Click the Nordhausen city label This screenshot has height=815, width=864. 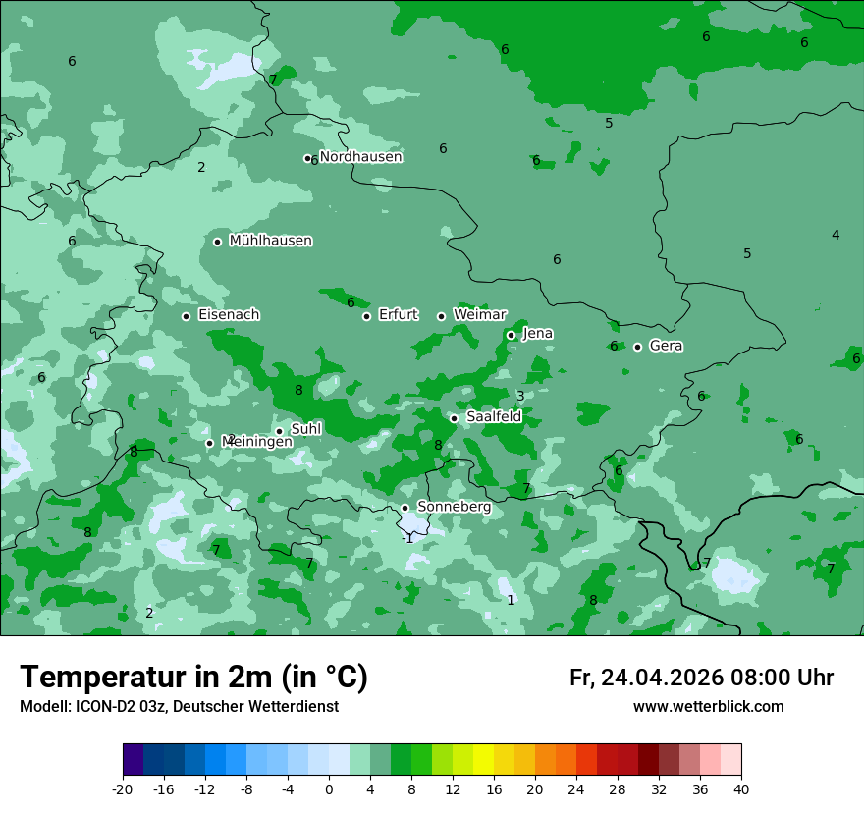click(x=360, y=157)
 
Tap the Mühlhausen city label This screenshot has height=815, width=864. click(x=270, y=241)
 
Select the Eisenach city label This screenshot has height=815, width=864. click(x=228, y=315)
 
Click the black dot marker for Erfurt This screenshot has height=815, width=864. click(x=367, y=316)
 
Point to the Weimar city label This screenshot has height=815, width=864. click(x=479, y=315)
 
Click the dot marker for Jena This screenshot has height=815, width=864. click(x=511, y=335)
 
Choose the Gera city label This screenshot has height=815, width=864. click(x=666, y=346)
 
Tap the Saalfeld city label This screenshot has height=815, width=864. click(x=493, y=417)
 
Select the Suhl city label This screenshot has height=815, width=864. click(x=306, y=429)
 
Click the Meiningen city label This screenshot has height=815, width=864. click(x=257, y=442)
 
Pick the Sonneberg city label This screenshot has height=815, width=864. click(x=454, y=507)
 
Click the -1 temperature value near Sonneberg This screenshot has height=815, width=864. click(x=407, y=538)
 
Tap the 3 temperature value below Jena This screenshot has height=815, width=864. click(x=520, y=397)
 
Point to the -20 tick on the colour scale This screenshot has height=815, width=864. click(x=123, y=788)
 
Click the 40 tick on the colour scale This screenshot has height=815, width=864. click(x=740, y=788)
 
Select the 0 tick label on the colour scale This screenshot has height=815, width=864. click(x=329, y=788)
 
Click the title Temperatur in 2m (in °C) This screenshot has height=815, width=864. click(x=193, y=677)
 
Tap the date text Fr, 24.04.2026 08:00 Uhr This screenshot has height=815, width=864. click(x=701, y=678)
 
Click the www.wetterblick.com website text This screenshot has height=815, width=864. click(x=708, y=707)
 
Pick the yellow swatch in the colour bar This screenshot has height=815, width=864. click(x=483, y=760)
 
